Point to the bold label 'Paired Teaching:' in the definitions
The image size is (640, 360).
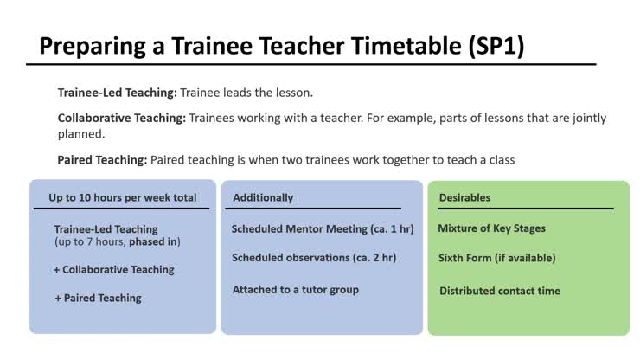point(103,160)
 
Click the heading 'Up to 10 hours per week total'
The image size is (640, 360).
point(122,197)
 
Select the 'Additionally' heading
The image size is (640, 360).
point(263,197)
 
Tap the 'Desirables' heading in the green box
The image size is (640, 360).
point(464,197)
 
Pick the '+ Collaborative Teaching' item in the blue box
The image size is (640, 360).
point(114,270)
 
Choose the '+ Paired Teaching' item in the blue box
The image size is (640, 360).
point(98,298)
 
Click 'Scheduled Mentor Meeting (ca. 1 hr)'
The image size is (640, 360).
point(323,229)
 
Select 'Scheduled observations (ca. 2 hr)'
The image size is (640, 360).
point(314,258)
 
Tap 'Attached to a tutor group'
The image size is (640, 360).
point(295,290)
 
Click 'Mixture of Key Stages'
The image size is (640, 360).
point(491,229)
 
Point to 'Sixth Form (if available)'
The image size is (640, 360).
point(496,258)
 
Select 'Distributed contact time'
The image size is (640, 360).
point(499,291)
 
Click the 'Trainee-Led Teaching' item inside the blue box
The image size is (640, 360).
point(106,229)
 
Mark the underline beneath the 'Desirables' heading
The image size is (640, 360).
point(526,209)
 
